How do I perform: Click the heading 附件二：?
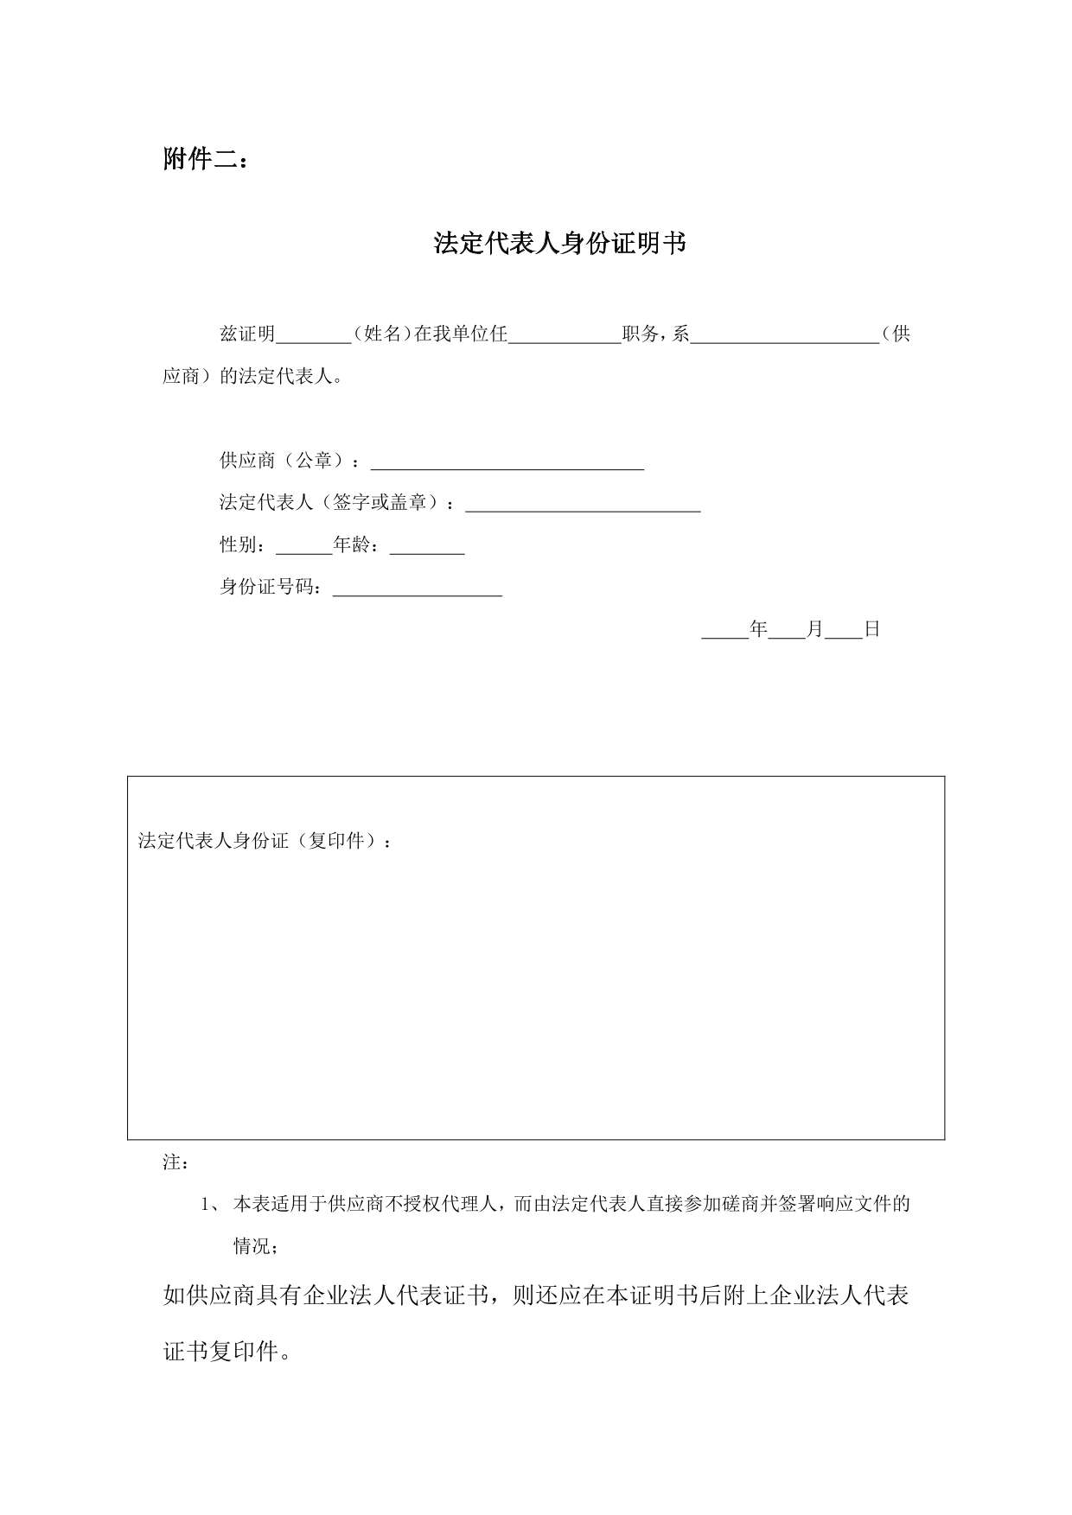click(x=206, y=160)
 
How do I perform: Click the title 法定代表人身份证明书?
click(x=559, y=244)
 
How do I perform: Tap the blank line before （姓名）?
click(x=313, y=337)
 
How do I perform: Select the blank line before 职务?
click(x=565, y=337)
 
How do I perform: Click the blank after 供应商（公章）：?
click(x=507, y=463)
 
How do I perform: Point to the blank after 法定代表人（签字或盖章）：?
click(x=583, y=506)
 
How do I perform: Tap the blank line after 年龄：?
click(x=427, y=548)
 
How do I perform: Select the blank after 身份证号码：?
click(x=418, y=590)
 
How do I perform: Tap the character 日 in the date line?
click(x=871, y=629)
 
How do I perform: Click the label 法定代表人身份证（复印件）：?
click(x=265, y=841)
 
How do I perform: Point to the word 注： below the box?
click(x=176, y=1162)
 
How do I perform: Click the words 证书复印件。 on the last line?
click(x=227, y=1351)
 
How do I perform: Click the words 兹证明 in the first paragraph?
click(x=247, y=334)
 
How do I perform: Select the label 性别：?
click(x=246, y=544)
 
